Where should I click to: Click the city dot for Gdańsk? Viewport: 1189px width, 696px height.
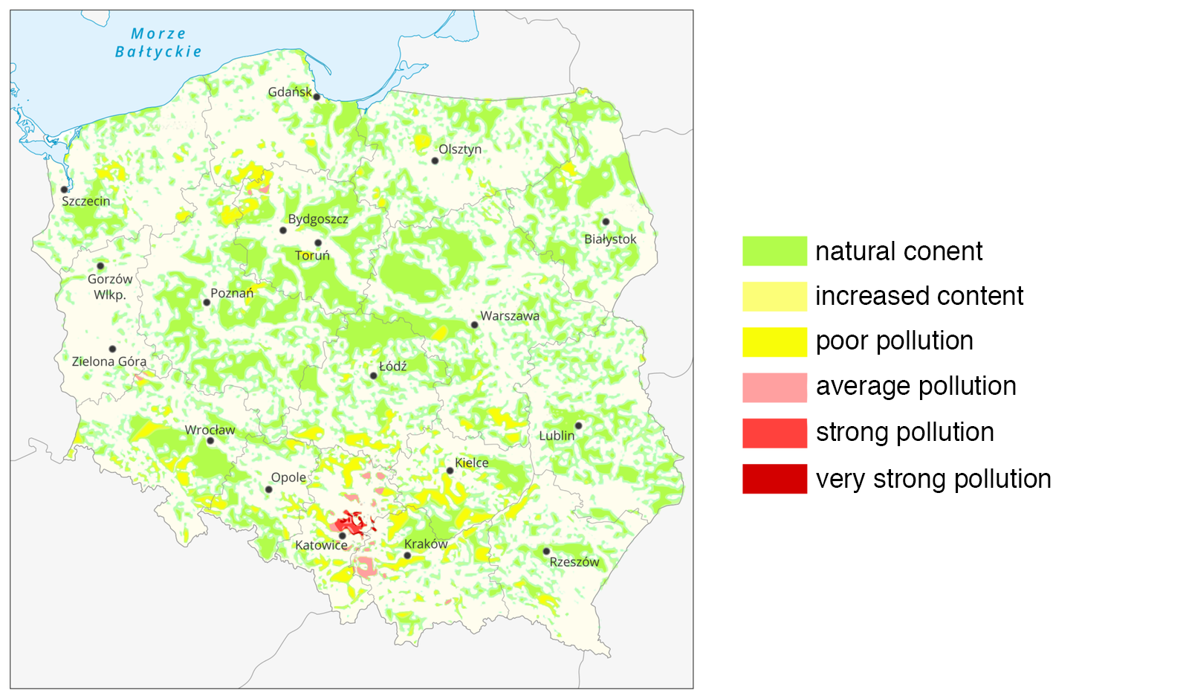317,97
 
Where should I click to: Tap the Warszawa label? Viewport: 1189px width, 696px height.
510,316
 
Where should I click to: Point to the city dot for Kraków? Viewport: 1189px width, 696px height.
407,555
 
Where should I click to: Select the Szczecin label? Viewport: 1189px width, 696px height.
85,202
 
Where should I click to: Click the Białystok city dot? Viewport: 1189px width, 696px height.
606,222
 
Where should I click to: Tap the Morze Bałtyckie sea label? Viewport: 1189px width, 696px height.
158,43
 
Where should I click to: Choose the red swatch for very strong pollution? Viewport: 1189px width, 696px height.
774,479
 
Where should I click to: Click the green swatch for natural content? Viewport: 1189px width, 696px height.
774,251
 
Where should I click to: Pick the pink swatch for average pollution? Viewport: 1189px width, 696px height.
774,387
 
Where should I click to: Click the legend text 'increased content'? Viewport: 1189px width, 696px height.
919,296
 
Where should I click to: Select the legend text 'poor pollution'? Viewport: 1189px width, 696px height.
894,341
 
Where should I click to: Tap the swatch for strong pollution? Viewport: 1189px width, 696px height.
774,433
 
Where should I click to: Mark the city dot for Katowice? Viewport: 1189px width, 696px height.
343,535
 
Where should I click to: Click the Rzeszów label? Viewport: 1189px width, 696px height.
574,562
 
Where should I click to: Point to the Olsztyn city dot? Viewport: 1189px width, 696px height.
435,161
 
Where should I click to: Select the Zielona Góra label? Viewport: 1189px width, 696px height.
109,362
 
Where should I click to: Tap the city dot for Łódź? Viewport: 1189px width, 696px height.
374,376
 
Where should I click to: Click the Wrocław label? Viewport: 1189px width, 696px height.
210,430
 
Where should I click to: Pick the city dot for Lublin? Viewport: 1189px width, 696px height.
578,426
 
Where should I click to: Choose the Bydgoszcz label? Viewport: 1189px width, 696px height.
318,219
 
